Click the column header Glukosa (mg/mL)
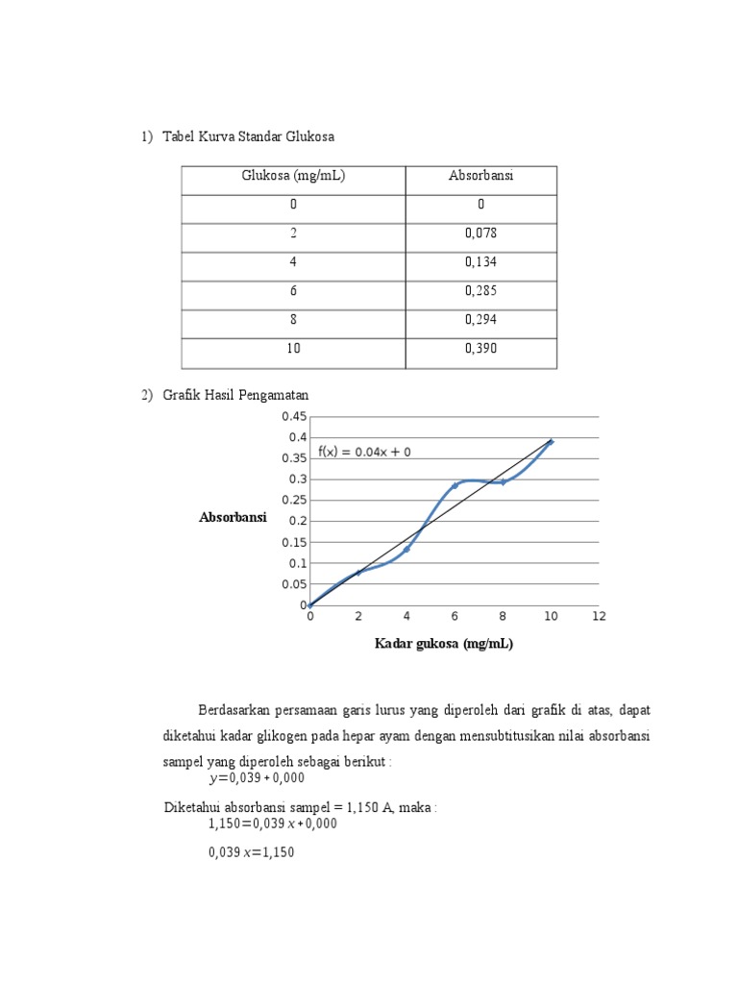click(293, 176)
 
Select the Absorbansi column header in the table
click(480, 176)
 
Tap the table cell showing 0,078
click(480, 234)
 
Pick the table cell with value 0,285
click(480, 291)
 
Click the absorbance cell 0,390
click(480, 349)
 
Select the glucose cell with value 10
click(293, 349)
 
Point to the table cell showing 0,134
click(480, 262)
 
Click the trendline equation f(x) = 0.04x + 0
click(364, 452)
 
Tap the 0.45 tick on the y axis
click(293, 416)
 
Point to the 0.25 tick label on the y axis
click(293, 500)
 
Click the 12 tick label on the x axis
click(599, 616)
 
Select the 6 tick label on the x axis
click(455, 616)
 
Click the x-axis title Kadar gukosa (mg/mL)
click(443, 644)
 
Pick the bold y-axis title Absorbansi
click(232, 518)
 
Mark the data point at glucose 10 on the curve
click(551, 441)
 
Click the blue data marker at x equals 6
click(455, 485)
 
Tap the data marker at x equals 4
click(406, 549)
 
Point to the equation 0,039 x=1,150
click(251, 850)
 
